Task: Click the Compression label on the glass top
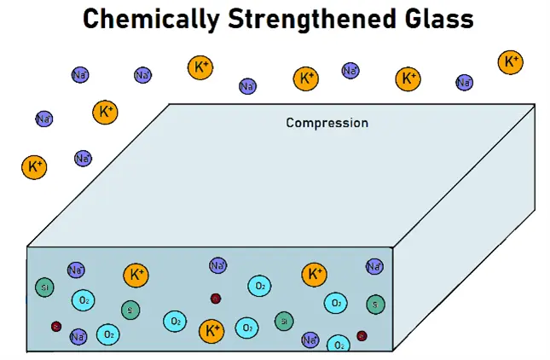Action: [327, 123]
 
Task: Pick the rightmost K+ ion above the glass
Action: [510, 62]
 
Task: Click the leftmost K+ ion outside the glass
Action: [34, 166]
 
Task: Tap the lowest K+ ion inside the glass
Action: [211, 329]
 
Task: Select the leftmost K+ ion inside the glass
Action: [136, 275]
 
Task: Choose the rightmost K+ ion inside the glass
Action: [314, 275]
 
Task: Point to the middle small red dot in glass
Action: [216, 299]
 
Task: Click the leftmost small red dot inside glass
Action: [56, 326]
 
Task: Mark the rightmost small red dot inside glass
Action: [362, 335]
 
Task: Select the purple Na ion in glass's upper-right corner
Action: [374, 267]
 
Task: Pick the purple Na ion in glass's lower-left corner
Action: [78, 337]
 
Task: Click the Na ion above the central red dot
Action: [218, 266]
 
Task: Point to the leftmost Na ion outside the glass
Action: [44, 119]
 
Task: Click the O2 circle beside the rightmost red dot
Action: [339, 344]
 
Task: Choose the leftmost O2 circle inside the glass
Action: [84, 301]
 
